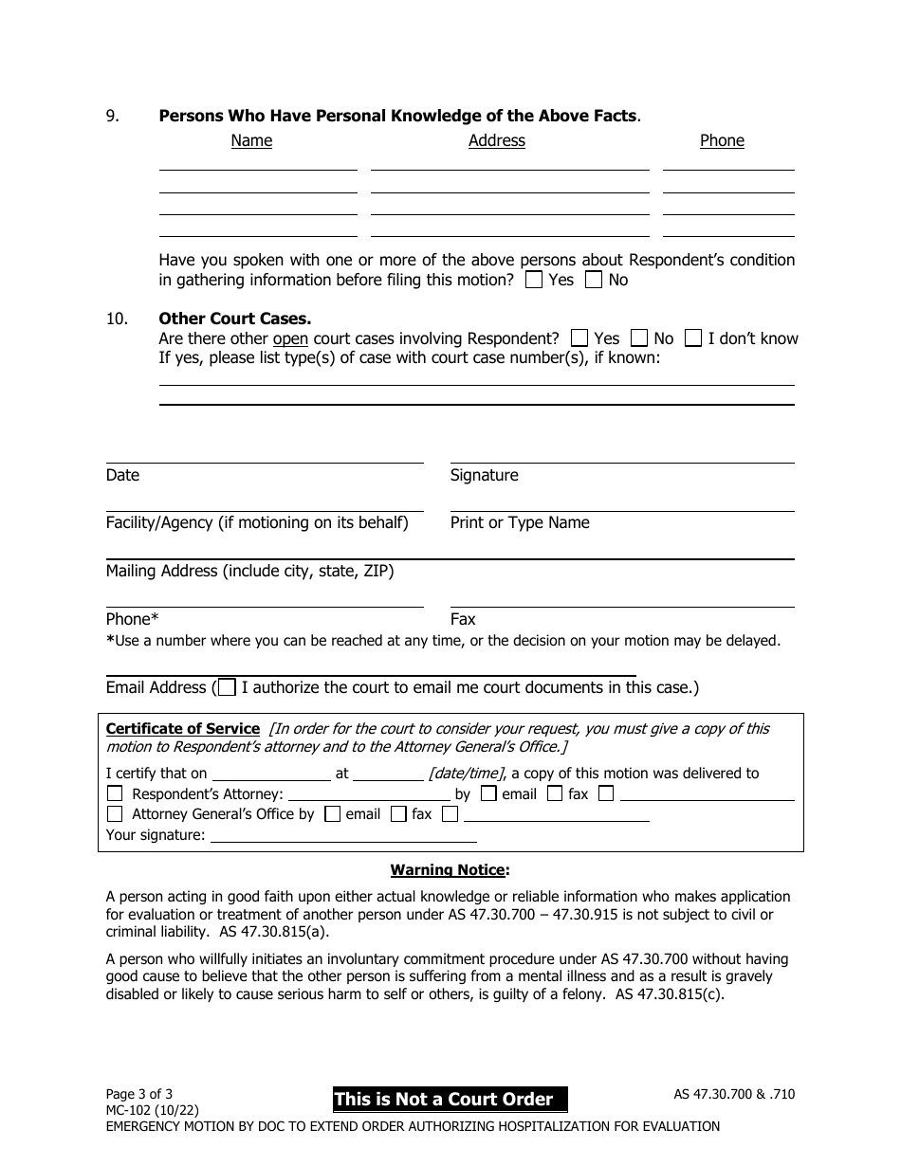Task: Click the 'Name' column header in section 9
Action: (251, 140)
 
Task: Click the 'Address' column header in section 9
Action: (496, 140)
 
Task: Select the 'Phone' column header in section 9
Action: (722, 140)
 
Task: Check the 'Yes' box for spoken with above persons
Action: (534, 280)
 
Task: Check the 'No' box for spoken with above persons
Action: (594, 280)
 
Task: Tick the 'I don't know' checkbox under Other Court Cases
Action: (693, 338)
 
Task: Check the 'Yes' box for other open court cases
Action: (579, 338)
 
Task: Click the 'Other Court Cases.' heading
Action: (234, 319)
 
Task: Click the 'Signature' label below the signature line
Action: (484, 475)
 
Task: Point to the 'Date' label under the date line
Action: (122, 475)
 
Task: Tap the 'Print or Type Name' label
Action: (520, 522)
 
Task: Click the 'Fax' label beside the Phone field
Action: (463, 619)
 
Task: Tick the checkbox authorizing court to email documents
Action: (227, 687)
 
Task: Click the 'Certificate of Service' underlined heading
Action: (182, 729)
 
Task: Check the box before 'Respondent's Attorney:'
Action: (115, 794)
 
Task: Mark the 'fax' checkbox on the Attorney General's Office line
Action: (398, 813)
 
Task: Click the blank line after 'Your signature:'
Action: (342, 835)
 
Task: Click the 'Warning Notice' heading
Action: (448, 869)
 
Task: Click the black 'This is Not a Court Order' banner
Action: (450, 1100)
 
